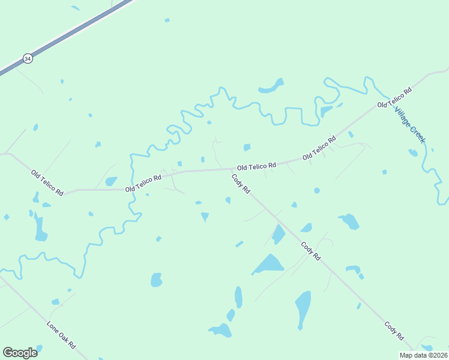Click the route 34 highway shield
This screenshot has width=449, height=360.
[27, 58]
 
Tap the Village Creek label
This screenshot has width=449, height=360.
[410, 125]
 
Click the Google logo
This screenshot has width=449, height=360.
[20, 353]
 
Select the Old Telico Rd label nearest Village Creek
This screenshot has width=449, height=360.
[394, 97]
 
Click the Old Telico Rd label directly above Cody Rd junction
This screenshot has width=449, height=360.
[256, 166]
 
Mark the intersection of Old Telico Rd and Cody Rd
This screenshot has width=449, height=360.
[229, 170]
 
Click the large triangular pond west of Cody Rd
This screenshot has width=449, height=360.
[269, 263]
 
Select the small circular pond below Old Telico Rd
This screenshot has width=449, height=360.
[316, 191]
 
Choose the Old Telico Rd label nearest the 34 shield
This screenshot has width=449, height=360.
[47, 182]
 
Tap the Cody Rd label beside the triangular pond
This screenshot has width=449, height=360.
[311, 250]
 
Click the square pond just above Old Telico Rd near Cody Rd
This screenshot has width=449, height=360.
[247, 148]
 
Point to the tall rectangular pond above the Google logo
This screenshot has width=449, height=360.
[41, 227]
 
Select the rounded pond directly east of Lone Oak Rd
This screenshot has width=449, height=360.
[156, 280]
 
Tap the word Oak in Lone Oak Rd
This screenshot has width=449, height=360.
[61, 335]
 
